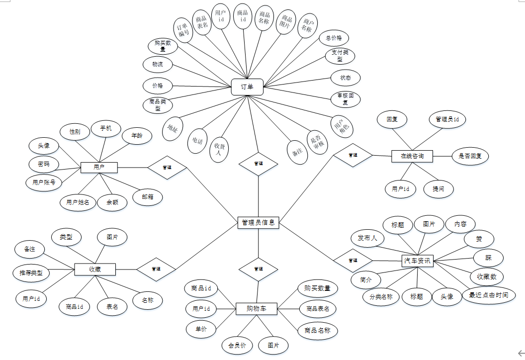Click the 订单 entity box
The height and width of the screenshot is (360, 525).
[247, 87]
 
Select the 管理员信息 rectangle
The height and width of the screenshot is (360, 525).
[258, 223]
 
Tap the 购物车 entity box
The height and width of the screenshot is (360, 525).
[256, 309]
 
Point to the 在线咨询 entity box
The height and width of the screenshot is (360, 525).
[412, 156]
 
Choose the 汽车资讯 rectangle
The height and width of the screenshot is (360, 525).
[417, 260]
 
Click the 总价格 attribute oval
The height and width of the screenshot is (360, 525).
[334, 38]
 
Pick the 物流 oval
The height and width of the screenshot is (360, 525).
[158, 64]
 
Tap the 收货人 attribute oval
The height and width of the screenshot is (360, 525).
[218, 150]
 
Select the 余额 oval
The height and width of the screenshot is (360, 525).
[112, 202]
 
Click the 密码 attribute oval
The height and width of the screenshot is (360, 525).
[44, 164]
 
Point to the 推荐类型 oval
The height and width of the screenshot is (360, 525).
[31, 273]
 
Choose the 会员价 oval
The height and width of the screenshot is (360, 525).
[237, 345]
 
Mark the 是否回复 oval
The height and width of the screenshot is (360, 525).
[470, 156]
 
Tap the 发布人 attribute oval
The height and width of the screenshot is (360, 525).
[367, 238]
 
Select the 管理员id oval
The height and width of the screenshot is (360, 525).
[447, 119]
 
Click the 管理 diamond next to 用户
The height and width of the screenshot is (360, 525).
[167, 168]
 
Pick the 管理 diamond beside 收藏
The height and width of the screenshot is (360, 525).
[156, 269]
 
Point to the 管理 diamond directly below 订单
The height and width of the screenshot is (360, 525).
[259, 164]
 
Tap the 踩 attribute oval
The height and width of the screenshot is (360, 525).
[488, 258]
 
